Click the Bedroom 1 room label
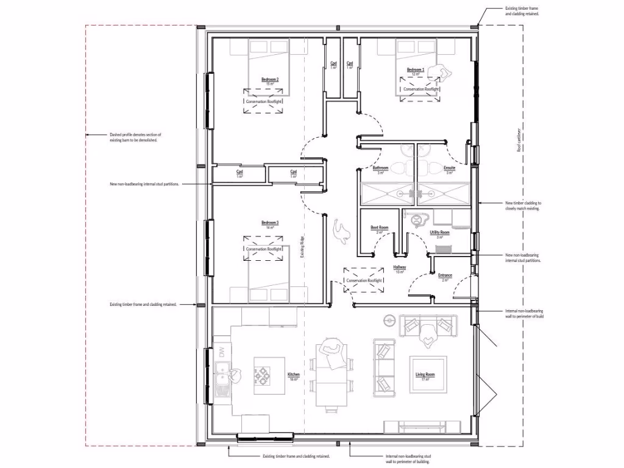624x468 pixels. point(416,71)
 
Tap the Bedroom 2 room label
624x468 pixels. point(270,80)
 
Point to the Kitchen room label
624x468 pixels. point(293,375)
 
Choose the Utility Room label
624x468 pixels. point(439,233)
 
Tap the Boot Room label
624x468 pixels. point(380,229)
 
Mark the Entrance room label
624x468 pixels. point(445,276)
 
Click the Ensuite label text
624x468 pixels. point(450,168)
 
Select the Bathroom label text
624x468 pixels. point(381,168)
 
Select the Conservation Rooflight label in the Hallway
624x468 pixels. point(364,280)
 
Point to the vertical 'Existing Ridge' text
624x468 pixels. point(302,249)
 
